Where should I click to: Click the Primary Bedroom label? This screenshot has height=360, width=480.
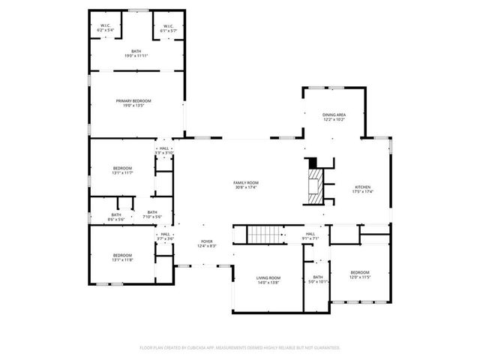pos(133,103)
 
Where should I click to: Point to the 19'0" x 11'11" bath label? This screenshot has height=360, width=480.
pos(136,54)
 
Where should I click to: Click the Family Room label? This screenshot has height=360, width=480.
pos(245,185)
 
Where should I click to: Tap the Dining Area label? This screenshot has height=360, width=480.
pos(334,117)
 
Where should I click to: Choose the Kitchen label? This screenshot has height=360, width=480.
pos(362,189)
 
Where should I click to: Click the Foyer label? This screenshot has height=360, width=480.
pos(206,244)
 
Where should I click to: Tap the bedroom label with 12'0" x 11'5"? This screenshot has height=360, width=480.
pos(359,274)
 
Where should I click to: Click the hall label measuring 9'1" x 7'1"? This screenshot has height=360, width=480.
pos(310,236)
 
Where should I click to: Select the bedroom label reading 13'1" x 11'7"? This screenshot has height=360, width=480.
pos(122,170)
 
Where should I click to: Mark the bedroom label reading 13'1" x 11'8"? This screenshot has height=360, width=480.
pos(122,257)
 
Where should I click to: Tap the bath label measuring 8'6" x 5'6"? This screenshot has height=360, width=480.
pos(115,217)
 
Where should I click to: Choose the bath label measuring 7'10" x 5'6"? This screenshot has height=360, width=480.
pos(152,214)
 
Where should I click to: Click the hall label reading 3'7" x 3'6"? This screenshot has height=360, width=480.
pos(164,236)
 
